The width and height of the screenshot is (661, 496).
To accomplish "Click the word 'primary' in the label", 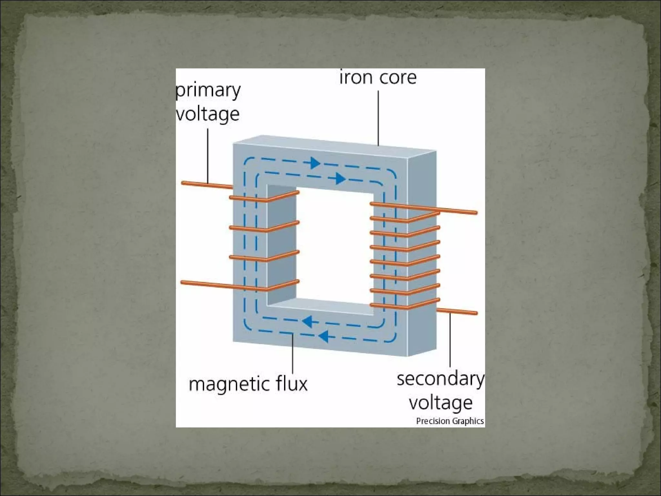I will coord(208,91).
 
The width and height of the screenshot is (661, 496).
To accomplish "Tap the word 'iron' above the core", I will coord(354,78).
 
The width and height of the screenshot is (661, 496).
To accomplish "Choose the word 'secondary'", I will coord(441,379).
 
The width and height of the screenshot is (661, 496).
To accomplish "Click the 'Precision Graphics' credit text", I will coord(450,421).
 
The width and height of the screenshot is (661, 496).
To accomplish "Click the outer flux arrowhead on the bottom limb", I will coord(323,336).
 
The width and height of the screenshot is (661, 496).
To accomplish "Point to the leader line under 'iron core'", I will coord(378,118).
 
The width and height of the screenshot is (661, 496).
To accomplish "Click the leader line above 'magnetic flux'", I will coord(293,354).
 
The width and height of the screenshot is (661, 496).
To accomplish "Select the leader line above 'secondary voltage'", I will coord(450,342).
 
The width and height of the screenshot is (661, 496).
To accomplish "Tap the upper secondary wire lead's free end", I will coord(476,212).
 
